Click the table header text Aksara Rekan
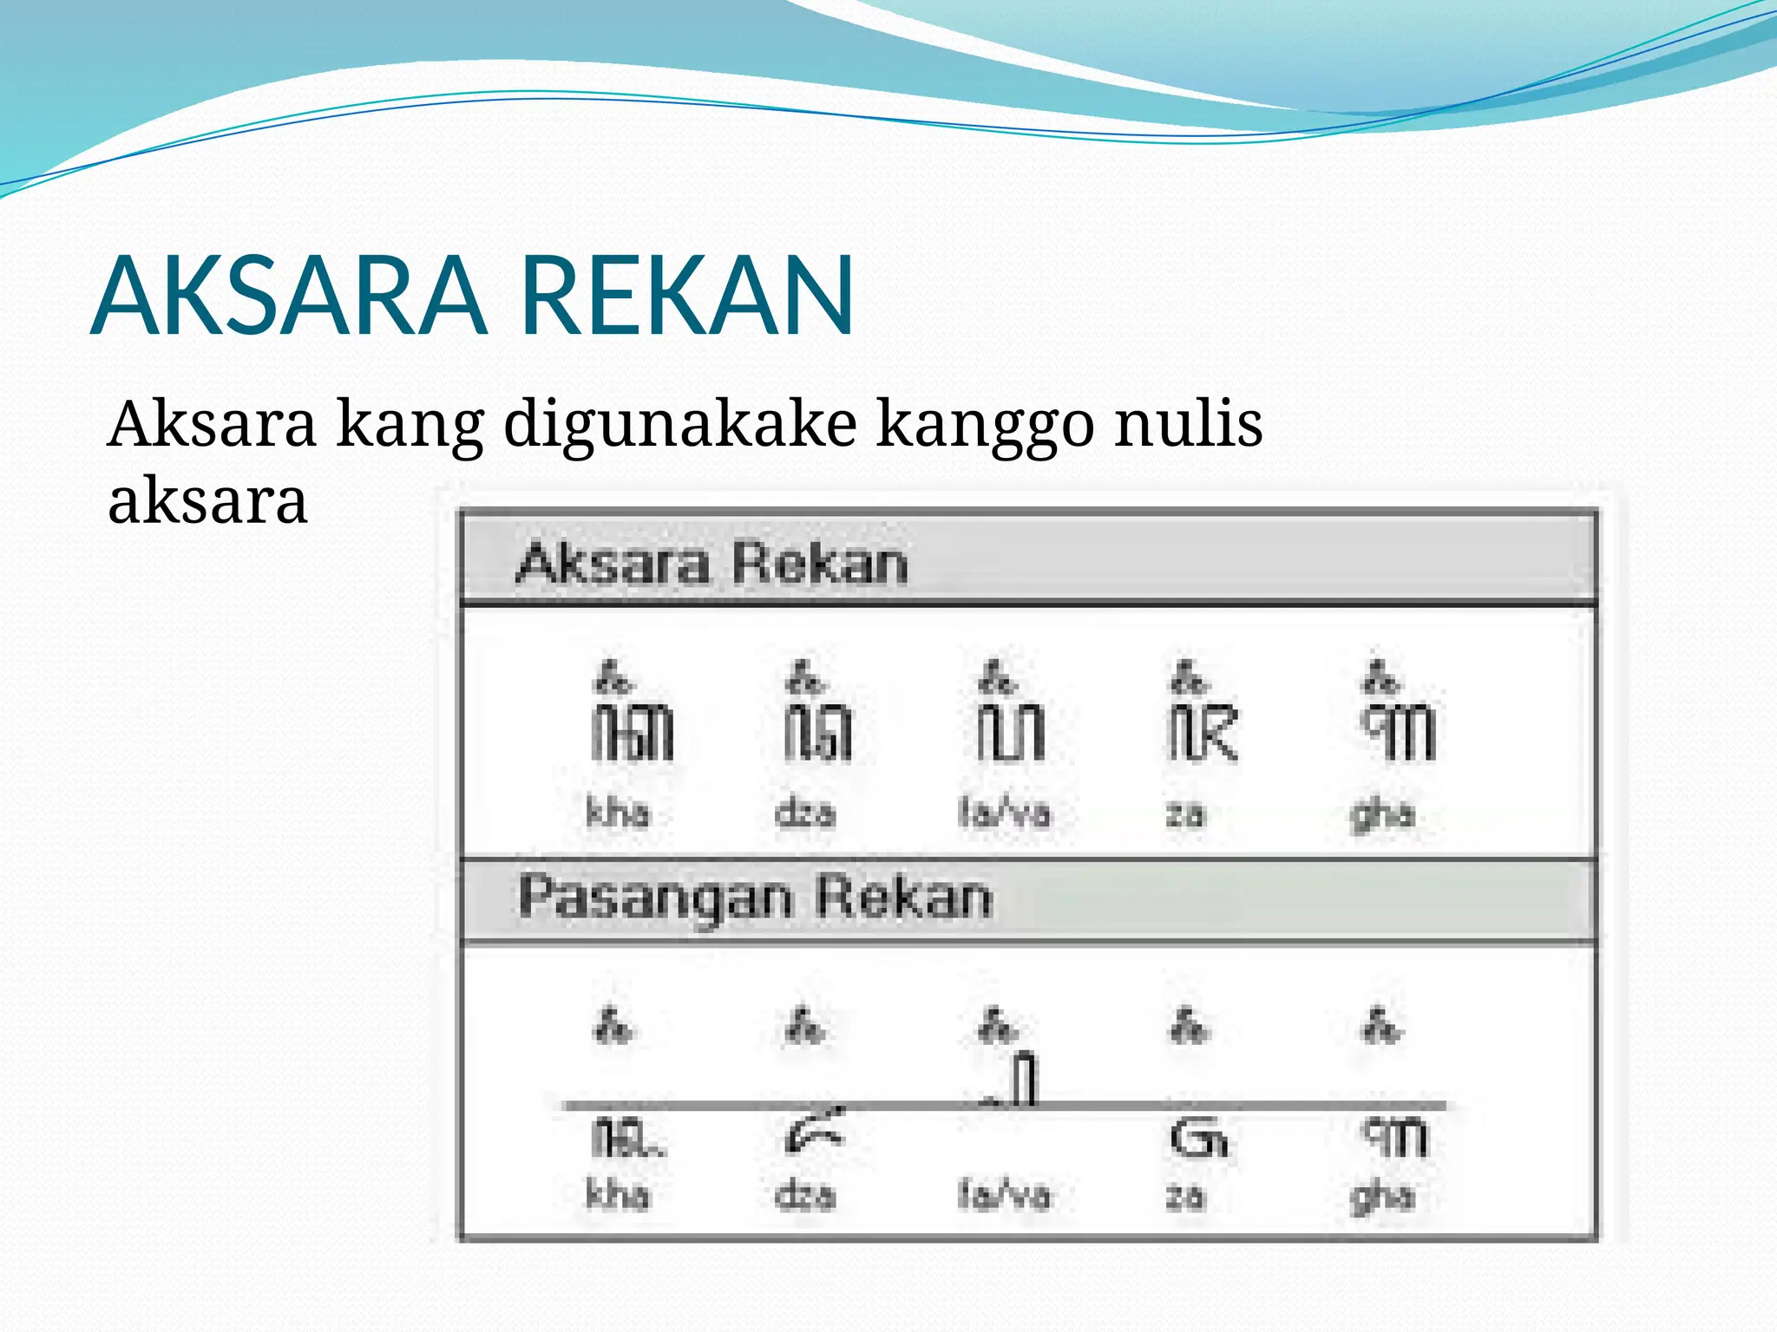click(711, 564)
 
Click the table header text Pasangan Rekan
click(755, 898)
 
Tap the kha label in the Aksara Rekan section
click(618, 813)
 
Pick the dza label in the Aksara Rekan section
click(805, 813)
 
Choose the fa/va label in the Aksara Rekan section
click(1004, 813)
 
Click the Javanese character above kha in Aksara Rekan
click(632, 720)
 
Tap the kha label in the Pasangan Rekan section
click(618, 1195)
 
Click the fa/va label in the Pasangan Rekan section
click(1004, 1195)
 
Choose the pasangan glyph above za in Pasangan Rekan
click(1198, 1139)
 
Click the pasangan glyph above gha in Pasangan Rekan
click(1394, 1137)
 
